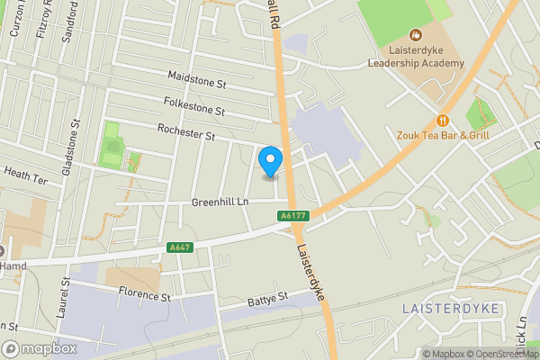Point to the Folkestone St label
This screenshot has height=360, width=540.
click(x=193, y=108)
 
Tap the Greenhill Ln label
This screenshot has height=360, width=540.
click(x=220, y=202)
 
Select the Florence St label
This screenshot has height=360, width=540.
click(x=144, y=295)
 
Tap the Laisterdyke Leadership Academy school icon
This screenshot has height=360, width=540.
click(x=416, y=34)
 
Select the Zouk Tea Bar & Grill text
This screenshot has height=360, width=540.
click(x=442, y=136)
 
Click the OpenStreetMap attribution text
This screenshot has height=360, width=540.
click(x=500, y=354)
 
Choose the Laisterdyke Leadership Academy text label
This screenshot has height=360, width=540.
click(x=416, y=57)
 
